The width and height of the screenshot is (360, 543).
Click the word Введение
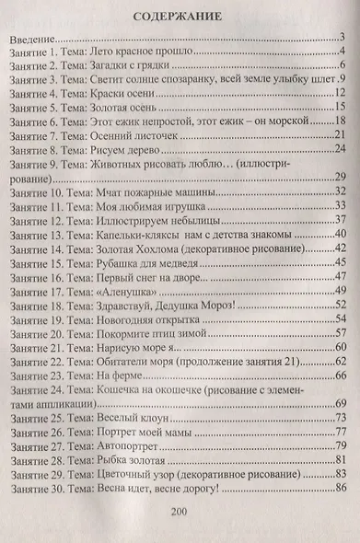pos(31,39)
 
